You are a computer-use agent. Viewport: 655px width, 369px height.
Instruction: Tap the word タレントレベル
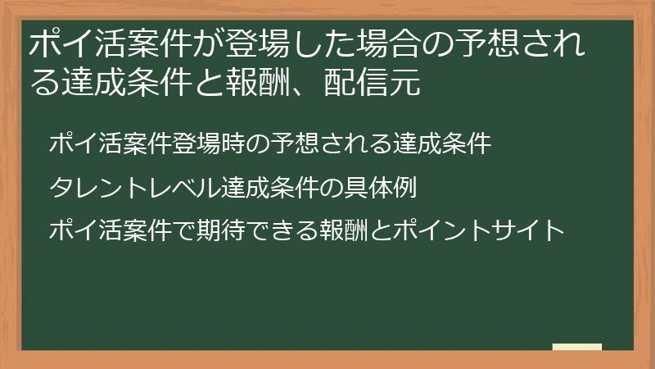(x=133, y=188)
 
